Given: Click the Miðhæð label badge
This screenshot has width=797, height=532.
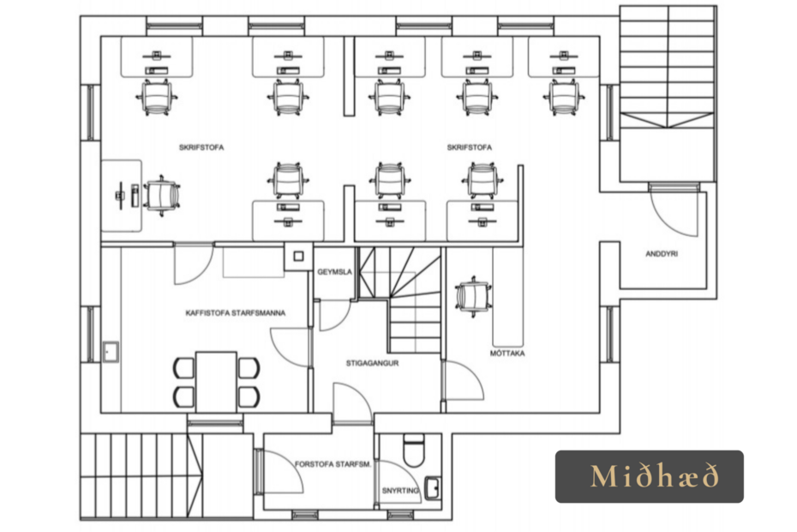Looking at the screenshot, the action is point(649,476).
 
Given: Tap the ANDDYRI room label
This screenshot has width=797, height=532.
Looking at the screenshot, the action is point(662,253).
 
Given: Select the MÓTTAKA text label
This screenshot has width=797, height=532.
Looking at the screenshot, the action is point(507,353).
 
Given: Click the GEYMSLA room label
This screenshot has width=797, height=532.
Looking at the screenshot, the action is point(334,272).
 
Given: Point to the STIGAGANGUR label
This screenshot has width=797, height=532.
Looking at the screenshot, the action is point(372,363).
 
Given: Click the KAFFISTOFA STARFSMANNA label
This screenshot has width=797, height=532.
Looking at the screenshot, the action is point(236,312).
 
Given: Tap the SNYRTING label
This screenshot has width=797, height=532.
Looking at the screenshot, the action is point(400,491).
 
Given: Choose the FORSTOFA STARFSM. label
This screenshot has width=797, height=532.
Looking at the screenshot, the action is point(333,464).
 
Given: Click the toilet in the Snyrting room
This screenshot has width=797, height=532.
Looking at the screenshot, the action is point(413,450).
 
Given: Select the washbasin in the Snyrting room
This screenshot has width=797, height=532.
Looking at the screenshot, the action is point(433,489).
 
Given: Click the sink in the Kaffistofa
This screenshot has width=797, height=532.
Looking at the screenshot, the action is point(111,352).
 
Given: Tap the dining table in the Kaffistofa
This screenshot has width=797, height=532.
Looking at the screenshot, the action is point(217,382).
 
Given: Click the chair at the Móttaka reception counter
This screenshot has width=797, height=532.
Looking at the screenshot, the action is point(474,297).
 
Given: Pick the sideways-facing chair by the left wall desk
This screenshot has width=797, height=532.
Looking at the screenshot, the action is point(162,196).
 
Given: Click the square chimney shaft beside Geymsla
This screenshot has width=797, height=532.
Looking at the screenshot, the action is point(298,256).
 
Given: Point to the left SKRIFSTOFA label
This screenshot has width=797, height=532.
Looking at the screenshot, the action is point(201,148).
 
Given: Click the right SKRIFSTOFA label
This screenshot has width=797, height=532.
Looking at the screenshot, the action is point(469,148).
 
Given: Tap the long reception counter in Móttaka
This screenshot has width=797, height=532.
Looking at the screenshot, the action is point(508,296).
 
